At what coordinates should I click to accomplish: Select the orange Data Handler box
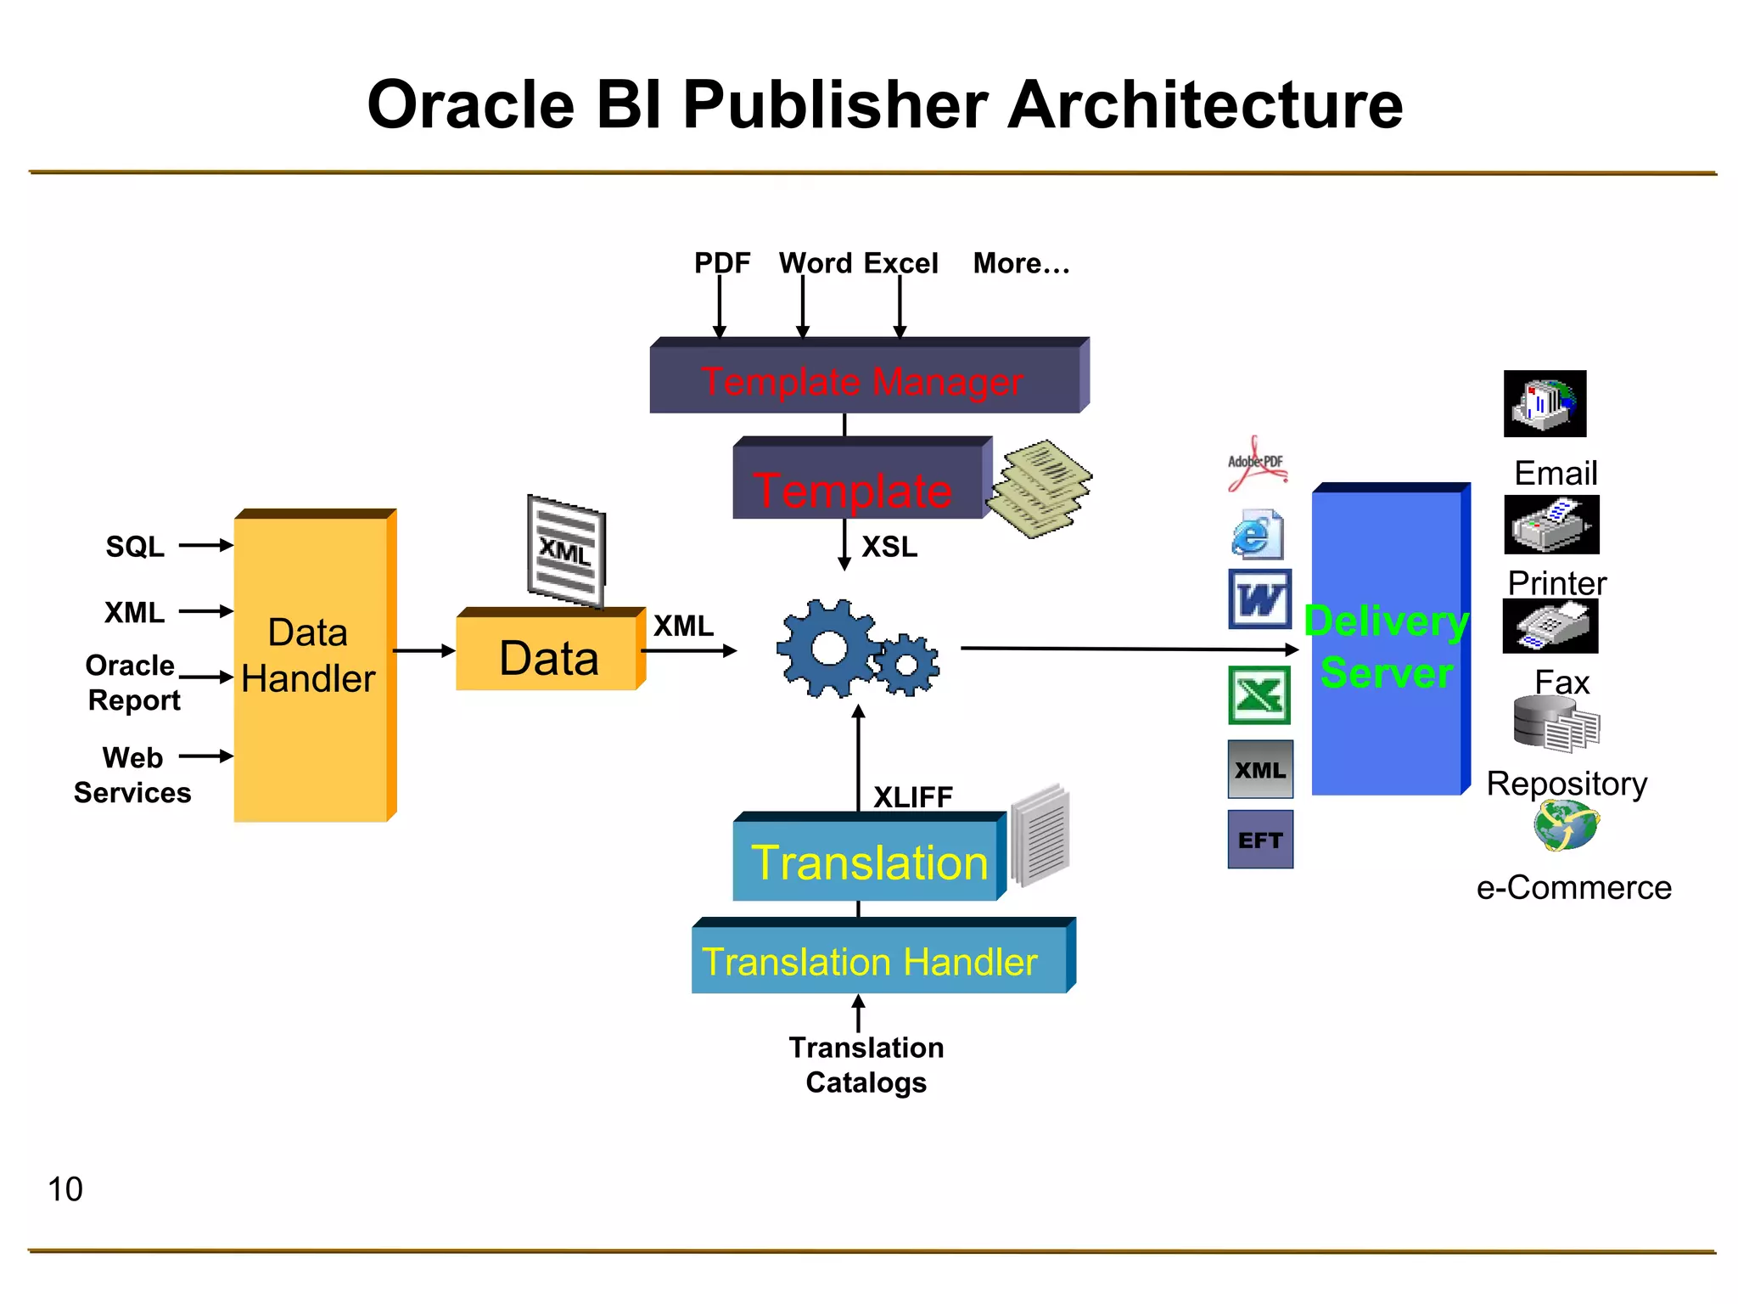pyautogui.click(x=311, y=667)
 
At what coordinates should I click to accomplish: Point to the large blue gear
pyautogui.click(x=827, y=649)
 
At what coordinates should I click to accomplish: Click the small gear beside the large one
pyautogui.click(x=907, y=665)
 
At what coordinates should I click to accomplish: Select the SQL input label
pyautogui.click(x=134, y=547)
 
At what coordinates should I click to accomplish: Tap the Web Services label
pyautogui.click(x=132, y=775)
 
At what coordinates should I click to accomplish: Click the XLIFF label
pyautogui.click(x=913, y=797)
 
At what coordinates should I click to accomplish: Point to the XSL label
pyautogui.click(x=889, y=547)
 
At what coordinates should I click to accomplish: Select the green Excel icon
pyautogui.click(x=1259, y=695)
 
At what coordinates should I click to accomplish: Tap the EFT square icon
pyautogui.click(x=1260, y=840)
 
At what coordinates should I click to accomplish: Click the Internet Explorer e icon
pyautogui.click(x=1256, y=535)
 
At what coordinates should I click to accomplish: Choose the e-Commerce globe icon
pyautogui.click(x=1566, y=826)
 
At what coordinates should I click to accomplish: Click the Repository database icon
pyautogui.click(x=1556, y=724)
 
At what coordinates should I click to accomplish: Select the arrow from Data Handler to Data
pyautogui.click(x=423, y=651)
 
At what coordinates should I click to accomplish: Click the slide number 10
pyautogui.click(x=65, y=1189)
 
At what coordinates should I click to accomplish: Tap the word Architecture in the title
pyautogui.click(x=1204, y=105)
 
